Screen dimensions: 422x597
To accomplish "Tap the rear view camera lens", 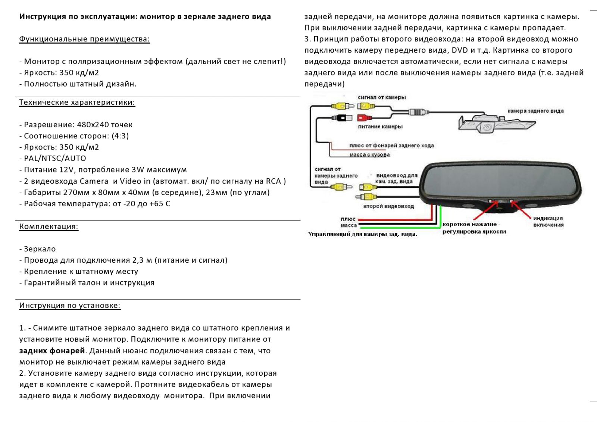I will [487, 128].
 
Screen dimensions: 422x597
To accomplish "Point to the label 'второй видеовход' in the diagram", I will [388, 206].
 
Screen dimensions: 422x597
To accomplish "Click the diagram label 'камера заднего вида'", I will [535, 111].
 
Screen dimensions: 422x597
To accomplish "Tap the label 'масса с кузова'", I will [369, 154].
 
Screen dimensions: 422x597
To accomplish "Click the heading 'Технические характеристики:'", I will [77, 102].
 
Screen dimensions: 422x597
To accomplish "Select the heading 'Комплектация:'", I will [49, 226].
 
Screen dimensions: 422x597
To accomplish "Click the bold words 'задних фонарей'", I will [52, 351].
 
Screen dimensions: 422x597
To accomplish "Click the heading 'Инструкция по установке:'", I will [70, 306].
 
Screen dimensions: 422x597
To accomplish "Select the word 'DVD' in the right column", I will [460, 50].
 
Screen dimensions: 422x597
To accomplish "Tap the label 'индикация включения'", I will [548, 222].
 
